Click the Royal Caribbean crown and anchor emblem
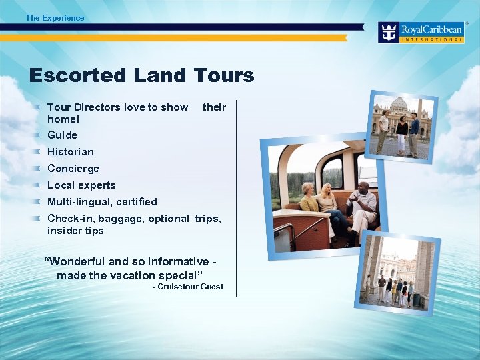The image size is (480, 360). pyautogui.click(x=389, y=32)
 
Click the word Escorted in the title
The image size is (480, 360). pyautogui.click(x=77, y=75)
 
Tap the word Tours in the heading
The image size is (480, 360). pyautogui.click(x=224, y=75)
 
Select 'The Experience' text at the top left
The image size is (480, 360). pyautogui.click(x=55, y=18)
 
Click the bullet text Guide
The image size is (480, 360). pyautogui.click(x=62, y=135)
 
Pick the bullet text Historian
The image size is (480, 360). pyautogui.click(x=71, y=152)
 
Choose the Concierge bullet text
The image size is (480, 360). pyautogui.click(x=73, y=169)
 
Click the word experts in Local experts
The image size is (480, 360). pyautogui.click(x=95, y=185)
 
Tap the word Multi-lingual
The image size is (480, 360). pyautogui.click(x=79, y=202)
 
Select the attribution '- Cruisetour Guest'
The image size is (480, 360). pyautogui.click(x=188, y=287)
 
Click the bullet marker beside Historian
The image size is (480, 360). pyautogui.click(x=39, y=151)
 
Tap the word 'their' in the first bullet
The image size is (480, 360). pyautogui.click(x=214, y=107)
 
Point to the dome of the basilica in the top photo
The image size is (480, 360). pyautogui.click(x=398, y=105)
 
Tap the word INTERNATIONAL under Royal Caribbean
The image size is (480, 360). pyautogui.click(x=432, y=40)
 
